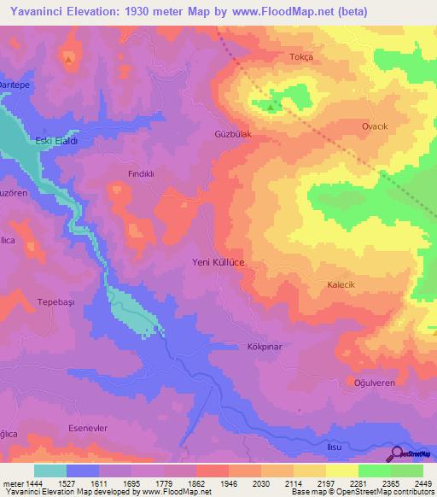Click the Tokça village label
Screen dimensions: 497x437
(x=302, y=56)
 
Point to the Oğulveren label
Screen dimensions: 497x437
(x=374, y=383)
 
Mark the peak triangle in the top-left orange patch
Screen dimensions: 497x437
(x=67, y=59)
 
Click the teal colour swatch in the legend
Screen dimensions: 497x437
(x=50, y=471)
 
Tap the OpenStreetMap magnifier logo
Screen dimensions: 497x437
(x=396, y=453)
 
